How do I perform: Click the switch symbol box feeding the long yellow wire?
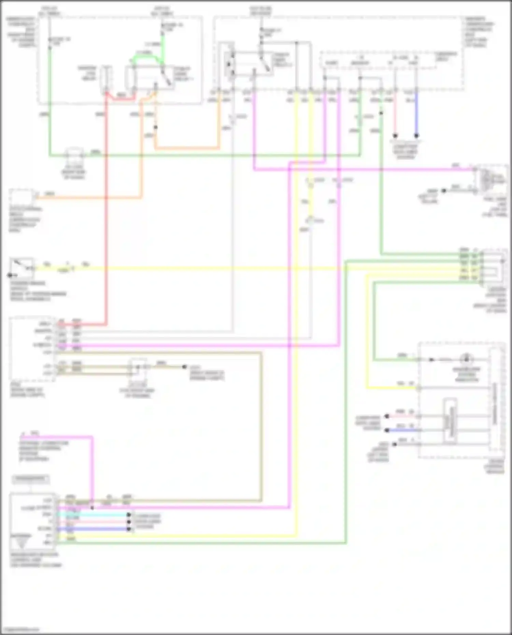click(x=22, y=266)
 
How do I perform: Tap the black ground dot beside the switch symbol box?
click(x=10, y=275)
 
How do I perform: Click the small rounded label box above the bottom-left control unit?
click(x=31, y=479)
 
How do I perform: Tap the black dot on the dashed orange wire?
click(x=156, y=128)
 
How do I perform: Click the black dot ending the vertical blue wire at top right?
click(x=416, y=135)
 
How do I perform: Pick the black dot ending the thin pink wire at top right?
click(x=395, y=135)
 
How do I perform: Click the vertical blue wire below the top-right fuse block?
click(x=416, y=113)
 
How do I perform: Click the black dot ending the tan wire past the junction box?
click(x=184, y=367)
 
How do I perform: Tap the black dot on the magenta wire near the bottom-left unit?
click(x=93, y=508)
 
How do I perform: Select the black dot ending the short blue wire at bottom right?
click(x=387, y=430)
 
